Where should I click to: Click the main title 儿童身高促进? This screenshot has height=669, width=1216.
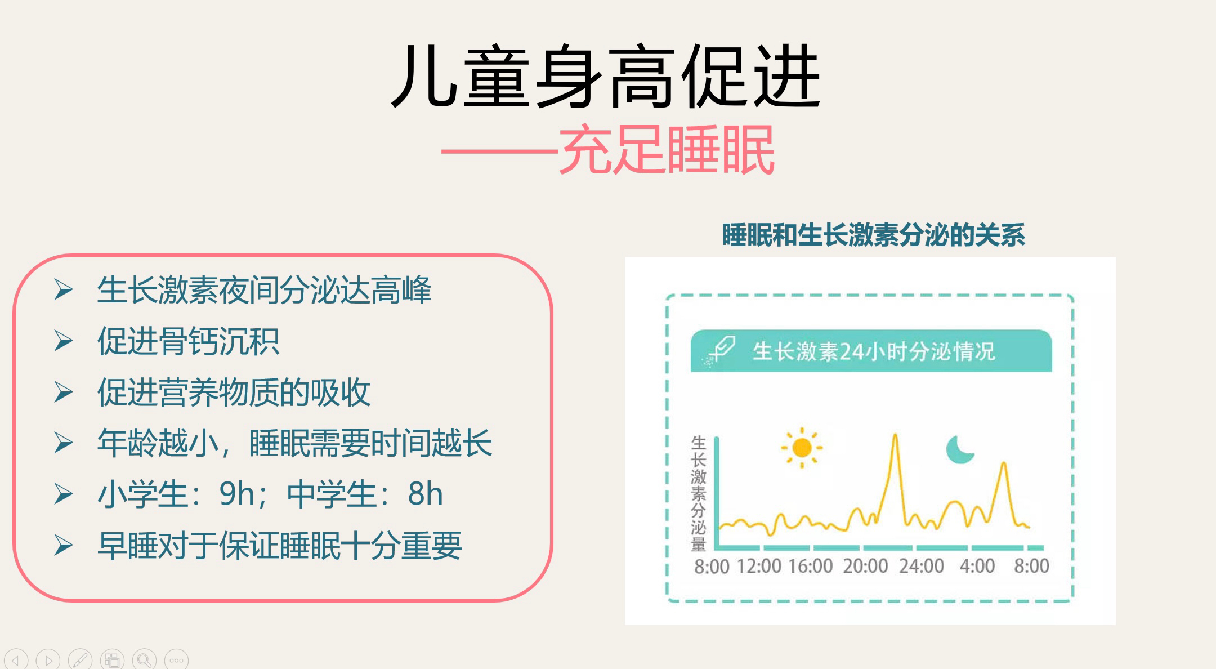point(606,77)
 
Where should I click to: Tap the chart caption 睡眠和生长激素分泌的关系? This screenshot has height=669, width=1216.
point(873,235)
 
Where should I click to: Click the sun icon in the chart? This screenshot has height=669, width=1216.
point(802,448)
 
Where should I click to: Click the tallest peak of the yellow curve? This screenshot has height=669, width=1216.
point(895,435)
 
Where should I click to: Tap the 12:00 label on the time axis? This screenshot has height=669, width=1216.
point(759,566)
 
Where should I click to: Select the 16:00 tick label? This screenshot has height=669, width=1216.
point(811,566)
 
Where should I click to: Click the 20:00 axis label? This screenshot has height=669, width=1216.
point(865,566)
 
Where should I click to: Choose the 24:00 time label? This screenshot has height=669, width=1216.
point(921,566)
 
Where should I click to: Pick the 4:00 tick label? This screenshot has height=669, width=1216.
point(977,566)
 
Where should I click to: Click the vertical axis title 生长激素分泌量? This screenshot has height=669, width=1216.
point(699,494)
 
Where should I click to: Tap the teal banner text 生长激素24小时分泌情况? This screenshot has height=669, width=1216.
point(874,351)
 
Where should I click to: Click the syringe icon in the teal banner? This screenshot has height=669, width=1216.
point(720,351)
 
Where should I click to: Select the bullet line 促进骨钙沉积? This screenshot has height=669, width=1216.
point(188,341)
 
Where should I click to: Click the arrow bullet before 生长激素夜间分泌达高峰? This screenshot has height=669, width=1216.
point(64,290)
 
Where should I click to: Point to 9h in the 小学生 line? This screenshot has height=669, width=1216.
point(237,494)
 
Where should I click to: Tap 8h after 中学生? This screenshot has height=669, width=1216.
point(425,494)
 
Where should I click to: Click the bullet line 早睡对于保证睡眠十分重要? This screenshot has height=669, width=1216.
point(279,545)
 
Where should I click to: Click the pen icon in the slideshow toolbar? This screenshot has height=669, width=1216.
point(80,659)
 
